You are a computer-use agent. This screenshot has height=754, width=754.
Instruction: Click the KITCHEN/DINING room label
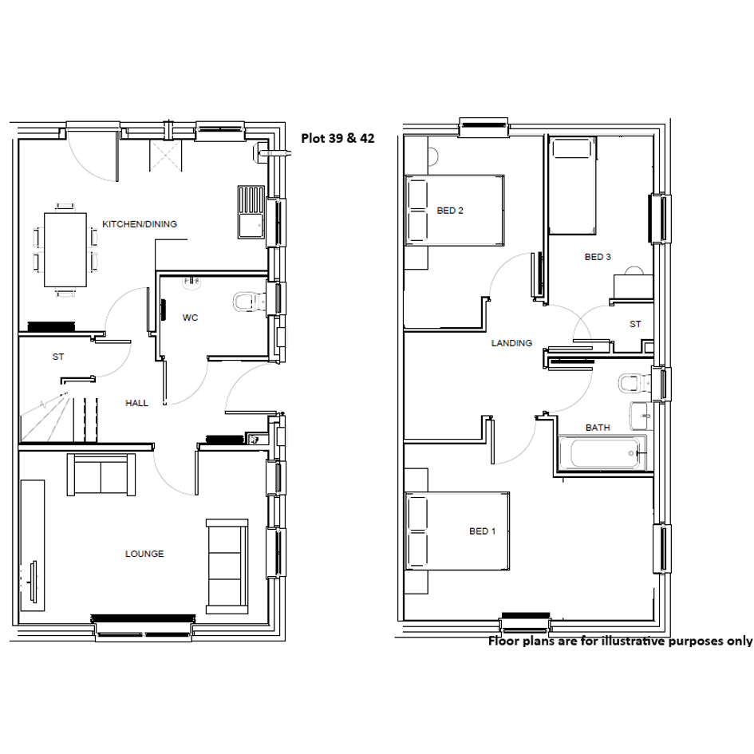click(x=140, y=224)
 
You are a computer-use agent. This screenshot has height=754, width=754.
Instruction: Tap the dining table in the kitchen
click(x=65, y=250)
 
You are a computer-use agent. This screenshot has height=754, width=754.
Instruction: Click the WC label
click(x=191, y=318)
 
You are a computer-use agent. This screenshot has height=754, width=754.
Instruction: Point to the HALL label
click(x=136, y=403)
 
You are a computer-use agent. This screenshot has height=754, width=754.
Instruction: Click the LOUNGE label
click(x=144, y=554)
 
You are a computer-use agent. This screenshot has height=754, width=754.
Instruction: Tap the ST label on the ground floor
click(x=58, y=357)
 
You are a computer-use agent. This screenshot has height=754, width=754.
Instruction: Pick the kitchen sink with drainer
click(x=251, y=212)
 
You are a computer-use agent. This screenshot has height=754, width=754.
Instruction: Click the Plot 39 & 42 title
click(x=338, y=139)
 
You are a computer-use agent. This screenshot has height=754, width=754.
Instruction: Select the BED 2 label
click(x=450, y=211)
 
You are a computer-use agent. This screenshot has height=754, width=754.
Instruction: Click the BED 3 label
click(x=598, y=257)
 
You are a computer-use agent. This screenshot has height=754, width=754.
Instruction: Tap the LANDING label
click(x=511, y=343)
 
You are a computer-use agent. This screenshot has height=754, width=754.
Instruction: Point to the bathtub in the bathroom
click(x=602, y=452)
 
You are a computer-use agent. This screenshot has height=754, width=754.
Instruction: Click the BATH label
click(x=598, y=428)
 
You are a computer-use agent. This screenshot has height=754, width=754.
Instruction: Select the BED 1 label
click(x=482, y=531)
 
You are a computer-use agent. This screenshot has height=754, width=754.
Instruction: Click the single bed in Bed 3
click(x=573, y=186)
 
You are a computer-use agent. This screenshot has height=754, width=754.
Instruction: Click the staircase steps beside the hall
click(x=59, y=418)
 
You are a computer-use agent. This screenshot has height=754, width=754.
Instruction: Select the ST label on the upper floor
click(x=635, y=325)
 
